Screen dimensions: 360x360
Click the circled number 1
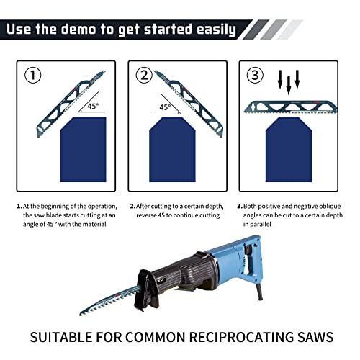click(33, 75)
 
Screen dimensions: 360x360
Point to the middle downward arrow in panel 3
click(289, 83)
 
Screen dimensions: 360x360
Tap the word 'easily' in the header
click(208, 30)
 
